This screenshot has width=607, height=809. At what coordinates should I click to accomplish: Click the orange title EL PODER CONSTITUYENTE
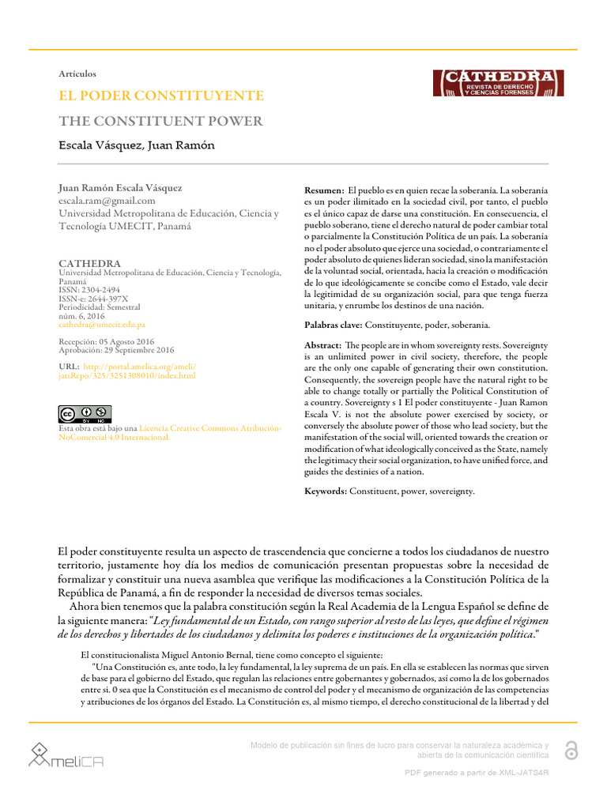coord(161,96)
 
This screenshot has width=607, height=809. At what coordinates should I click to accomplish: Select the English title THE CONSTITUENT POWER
coord(160,121)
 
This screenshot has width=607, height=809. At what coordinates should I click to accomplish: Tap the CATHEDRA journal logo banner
coord(497,83)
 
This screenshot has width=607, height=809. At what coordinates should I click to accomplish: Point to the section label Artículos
coord(77,73)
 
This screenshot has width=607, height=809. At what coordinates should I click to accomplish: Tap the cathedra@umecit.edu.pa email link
coord(102,325)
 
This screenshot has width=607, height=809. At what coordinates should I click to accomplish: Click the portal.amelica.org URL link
coord(127,371)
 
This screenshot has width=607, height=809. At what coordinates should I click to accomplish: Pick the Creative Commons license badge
coord(85,414)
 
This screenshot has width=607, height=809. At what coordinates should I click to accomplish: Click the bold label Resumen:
coord(324,192)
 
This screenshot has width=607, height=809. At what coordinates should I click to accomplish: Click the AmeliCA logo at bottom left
coord(66,754)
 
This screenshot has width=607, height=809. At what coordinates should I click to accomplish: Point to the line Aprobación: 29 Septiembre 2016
coord(116,350)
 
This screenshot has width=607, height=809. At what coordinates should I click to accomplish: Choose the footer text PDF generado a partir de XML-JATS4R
coord(476,772)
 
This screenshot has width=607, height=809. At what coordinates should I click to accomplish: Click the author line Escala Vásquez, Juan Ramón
coord(137,145)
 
